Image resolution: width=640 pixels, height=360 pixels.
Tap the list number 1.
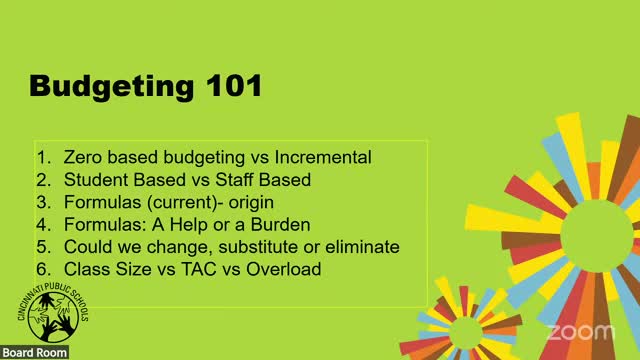click(43, 158)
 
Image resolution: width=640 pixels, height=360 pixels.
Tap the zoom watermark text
click(579, 331)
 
